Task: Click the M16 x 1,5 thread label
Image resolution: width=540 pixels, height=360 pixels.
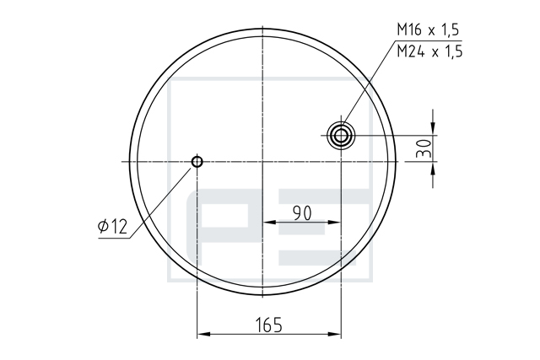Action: (428, 30)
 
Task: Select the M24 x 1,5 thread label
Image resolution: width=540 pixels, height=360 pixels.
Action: (429, 51)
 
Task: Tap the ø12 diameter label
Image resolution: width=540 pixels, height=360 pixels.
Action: (112, 227)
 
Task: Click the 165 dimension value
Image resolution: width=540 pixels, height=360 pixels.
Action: (269, 325)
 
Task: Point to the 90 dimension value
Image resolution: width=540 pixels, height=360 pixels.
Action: (302, 213)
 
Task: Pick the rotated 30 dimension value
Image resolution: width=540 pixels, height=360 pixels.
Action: (424, 148)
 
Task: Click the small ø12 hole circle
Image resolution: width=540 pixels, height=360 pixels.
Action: (197, 161)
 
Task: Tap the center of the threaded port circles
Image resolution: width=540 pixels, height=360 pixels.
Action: (341, 136)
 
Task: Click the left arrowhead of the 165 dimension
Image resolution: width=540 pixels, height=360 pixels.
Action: (203, 334)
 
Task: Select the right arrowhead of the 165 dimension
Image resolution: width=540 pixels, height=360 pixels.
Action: (334, 334)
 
